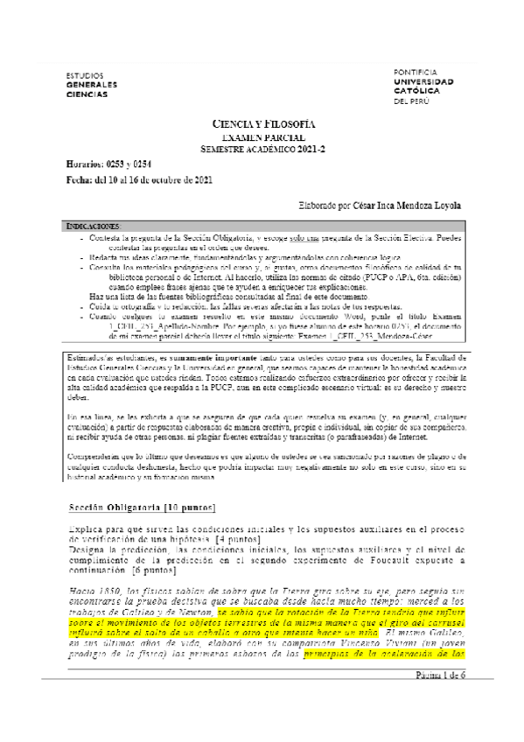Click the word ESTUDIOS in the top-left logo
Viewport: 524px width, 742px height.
click(85, 76)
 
